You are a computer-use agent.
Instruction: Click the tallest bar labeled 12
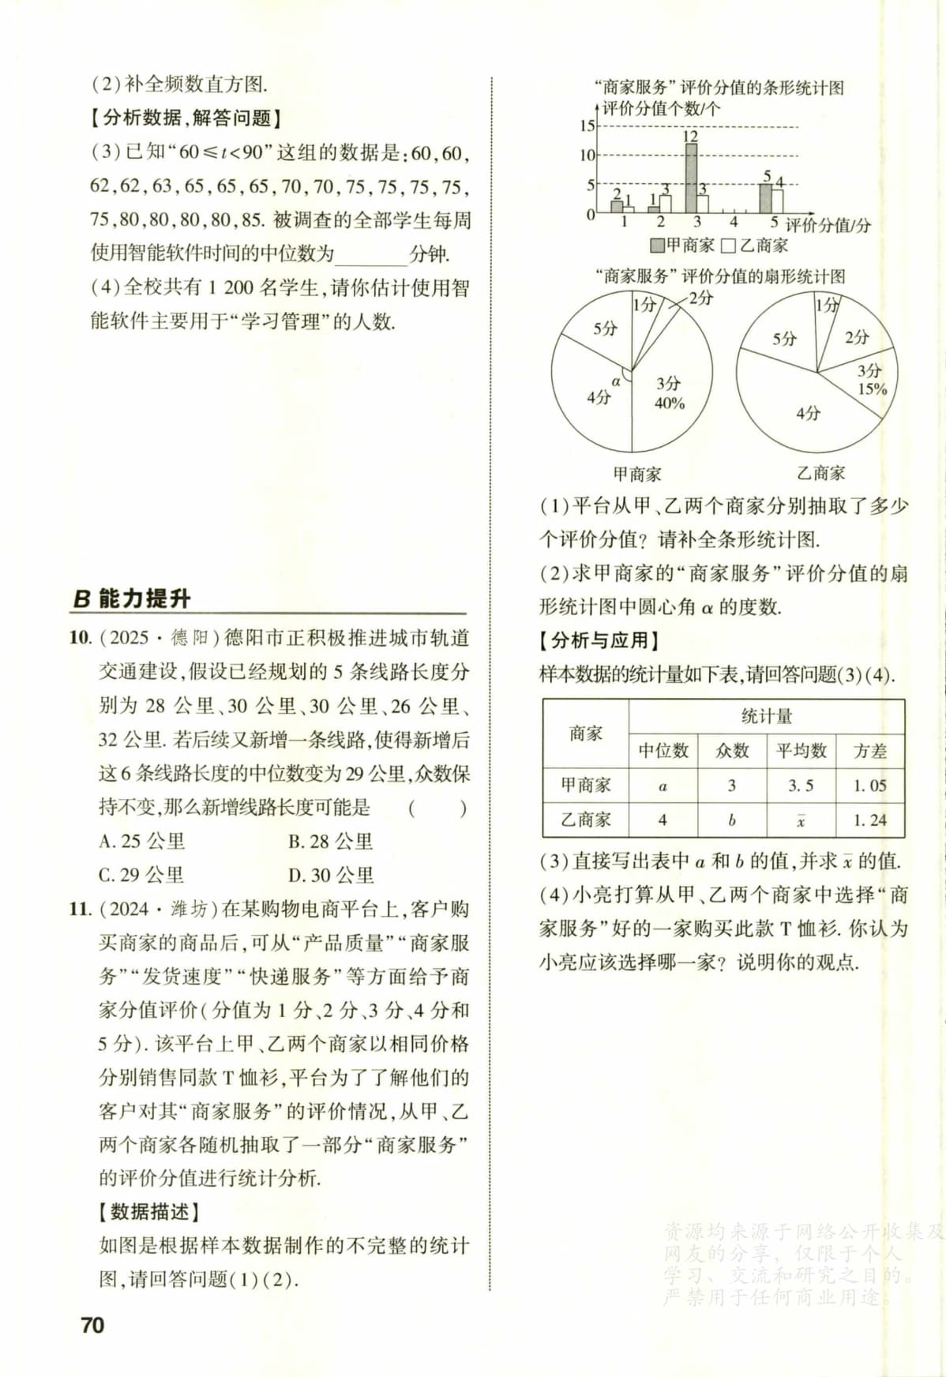coord(690,178)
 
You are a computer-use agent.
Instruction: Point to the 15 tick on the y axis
coord(587,126)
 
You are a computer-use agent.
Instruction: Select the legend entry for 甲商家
coord(682,246)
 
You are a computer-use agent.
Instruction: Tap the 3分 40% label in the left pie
coord(669,393)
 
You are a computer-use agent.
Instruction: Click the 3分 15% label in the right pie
coord(871,380)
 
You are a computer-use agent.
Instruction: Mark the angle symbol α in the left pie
coord(616,382)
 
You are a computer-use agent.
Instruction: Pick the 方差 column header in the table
coord(869,751)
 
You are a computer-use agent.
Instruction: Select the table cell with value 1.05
coord(869,786)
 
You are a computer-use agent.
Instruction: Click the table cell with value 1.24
coord(869,820)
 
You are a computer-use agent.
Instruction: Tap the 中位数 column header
coord(663,751)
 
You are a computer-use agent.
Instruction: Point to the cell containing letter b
coord(732,820)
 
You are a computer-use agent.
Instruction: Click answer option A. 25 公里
coord(142,842)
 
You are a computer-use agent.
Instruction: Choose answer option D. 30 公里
coord(331,876)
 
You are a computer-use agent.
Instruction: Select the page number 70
coord(92,1325)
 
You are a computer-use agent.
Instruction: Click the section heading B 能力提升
coord(132,598)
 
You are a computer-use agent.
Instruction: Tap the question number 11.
coord(81,910)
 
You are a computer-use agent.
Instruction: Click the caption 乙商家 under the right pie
coord(820,473)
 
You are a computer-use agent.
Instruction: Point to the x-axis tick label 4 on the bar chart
coord(733,223)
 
